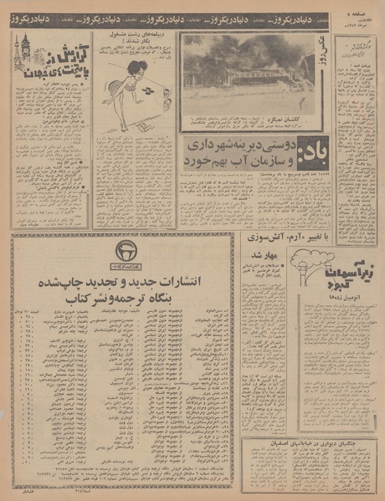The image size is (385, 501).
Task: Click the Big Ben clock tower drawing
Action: tap(26, 50)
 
